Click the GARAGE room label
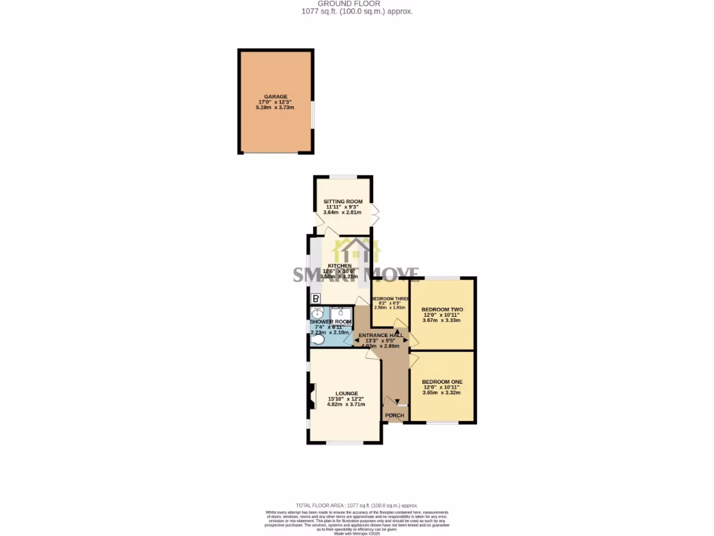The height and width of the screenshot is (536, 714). click(275, 97)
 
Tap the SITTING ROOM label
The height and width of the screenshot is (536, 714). click(342, 202)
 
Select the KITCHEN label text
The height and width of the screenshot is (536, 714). click(340, 266)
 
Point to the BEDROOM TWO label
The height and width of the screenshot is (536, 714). click(442, 309)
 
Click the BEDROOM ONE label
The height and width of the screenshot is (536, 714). click(442, 381)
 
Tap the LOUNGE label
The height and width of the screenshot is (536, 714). click(346, 394)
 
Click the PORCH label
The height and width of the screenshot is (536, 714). click(395, 415)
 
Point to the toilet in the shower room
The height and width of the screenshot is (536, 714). click(317, 339)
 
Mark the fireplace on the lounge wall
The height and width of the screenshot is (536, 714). click(311, 396)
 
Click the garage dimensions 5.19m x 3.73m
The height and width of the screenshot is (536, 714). click(275, 107)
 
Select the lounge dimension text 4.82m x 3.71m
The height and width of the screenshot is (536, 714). click(346, 405)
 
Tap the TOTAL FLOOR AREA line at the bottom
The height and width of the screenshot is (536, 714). click(356, 505)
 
